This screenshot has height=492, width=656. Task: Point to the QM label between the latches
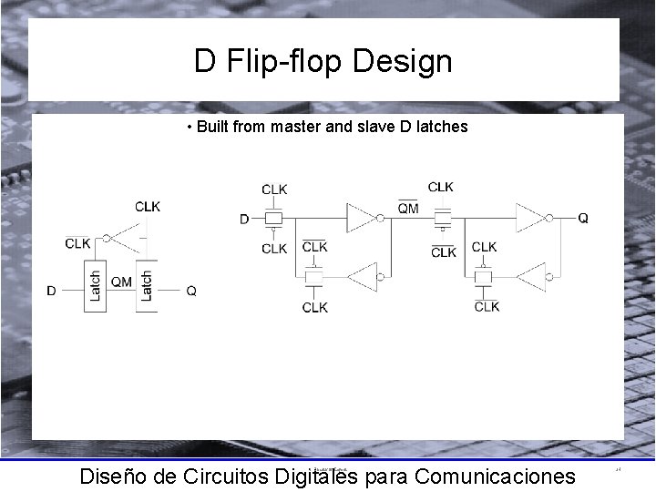coord(121,282)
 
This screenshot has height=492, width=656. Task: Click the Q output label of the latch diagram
coord(191,291)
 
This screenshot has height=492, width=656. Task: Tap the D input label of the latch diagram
coord(52,291)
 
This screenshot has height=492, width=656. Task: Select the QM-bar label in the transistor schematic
coord(409,208)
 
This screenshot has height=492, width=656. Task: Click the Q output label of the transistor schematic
coord(583,219)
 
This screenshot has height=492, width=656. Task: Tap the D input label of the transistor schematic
coord(244,219)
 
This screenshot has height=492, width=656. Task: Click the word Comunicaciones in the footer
coord(494,476)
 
